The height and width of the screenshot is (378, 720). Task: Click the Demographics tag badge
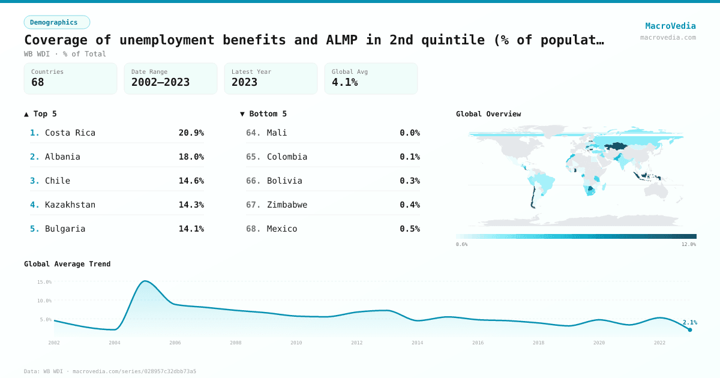tap(56, 22)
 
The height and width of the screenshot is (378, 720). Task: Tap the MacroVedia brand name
tap(670, 26)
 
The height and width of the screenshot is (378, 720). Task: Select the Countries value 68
tap(38, 82)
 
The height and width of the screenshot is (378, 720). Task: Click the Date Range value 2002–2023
tap(160, 82)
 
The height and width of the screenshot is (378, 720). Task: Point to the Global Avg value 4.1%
tap(344, 82)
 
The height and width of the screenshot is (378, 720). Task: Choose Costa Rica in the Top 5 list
tap(70, 133)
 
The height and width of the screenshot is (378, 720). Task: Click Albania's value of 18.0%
tap(191, 157)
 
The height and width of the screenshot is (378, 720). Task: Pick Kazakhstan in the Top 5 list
tap(70, 205)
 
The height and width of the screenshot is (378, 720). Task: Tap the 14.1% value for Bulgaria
tap(191, 229)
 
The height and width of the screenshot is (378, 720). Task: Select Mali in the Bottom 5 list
tap(277, 133)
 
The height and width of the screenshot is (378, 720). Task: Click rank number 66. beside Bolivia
tap(253, 181)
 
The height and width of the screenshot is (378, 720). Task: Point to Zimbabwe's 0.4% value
tap(410, 205)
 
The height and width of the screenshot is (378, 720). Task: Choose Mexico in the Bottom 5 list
tap(282, 229)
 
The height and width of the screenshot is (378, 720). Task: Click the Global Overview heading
tap(488, 114)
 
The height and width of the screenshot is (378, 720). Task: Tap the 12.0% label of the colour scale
tap(688, 244)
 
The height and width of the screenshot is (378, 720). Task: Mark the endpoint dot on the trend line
tap(690, 329)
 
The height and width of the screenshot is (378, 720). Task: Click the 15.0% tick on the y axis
tap(44, 281)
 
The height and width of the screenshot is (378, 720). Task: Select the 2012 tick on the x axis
tap(356, 343)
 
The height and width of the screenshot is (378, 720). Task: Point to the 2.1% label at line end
tap(689, 322)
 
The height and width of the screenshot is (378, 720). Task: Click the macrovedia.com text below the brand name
tap(668, 37)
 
